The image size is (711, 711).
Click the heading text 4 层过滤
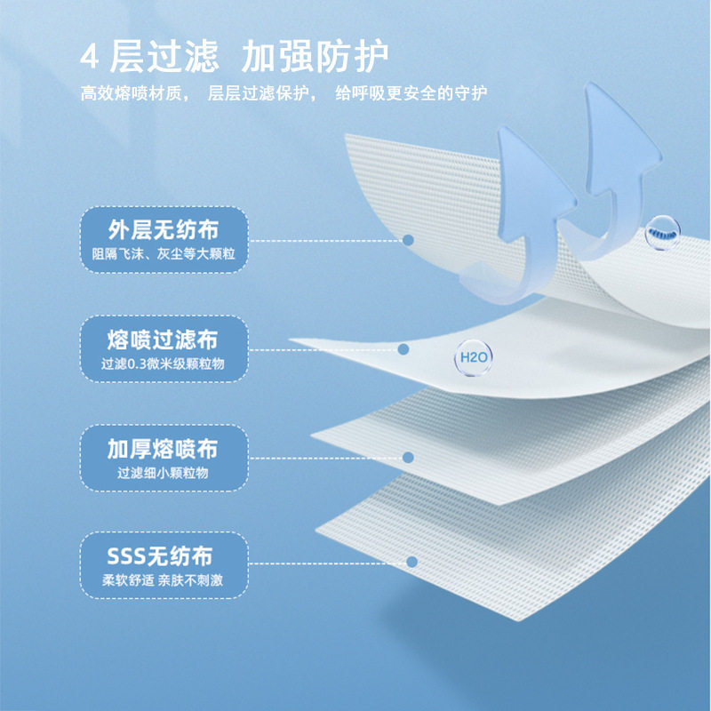coord(148,57)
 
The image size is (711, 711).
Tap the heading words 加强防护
coord(316,57)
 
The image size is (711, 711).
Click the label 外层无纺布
coord(164,231)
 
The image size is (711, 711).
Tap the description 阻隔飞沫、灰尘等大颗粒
coord(164,255)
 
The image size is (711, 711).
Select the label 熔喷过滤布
coord(164,340)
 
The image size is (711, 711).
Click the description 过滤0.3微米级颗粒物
coord(164,363)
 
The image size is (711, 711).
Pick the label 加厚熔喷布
coord(164,449)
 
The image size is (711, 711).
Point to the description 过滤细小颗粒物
coord(164,473)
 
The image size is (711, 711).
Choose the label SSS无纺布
coord(164,557)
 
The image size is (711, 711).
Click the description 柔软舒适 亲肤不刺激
coord(164,581)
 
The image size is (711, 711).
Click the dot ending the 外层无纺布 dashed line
coord(409,240)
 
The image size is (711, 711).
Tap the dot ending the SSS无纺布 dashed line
coord(411,562)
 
